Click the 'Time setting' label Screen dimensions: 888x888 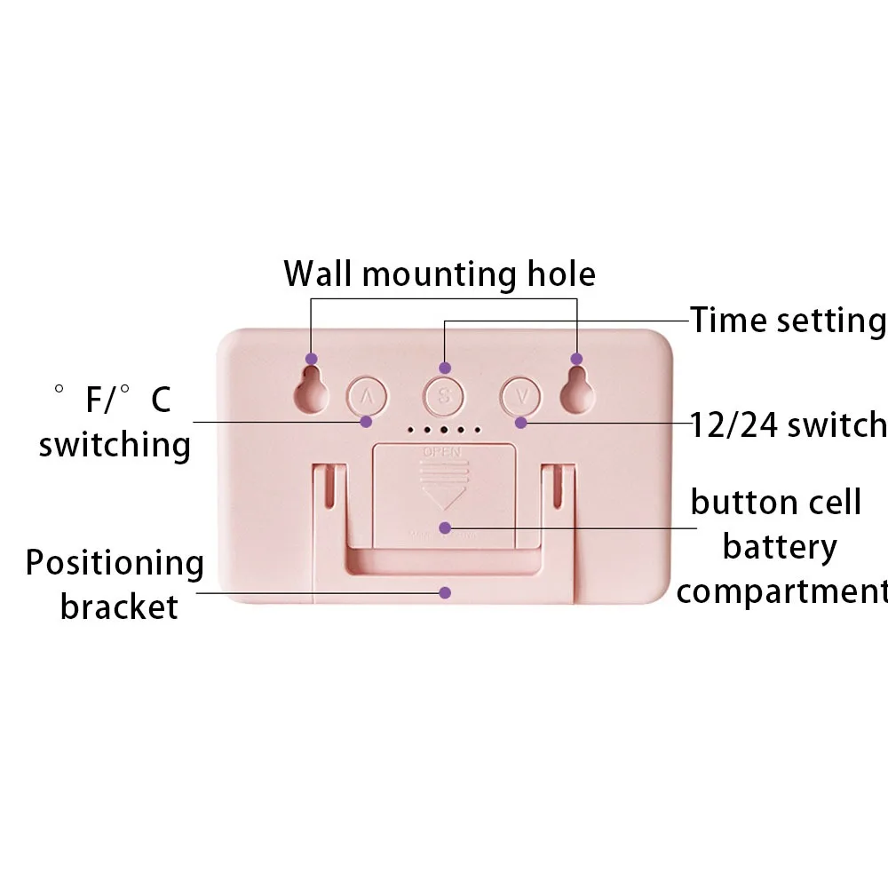tap(788, 320)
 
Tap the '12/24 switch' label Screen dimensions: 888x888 tap(789, 424)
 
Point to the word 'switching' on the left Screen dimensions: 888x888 tap(115, 443)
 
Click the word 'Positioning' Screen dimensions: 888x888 tap(115, 563)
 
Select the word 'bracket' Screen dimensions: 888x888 tap(119, 607)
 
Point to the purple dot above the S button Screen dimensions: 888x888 tap(446, 368)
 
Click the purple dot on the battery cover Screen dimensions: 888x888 tap(446, 527)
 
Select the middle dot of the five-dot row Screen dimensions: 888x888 tap(443, 430)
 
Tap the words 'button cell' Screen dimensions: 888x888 tap(776, 503)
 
